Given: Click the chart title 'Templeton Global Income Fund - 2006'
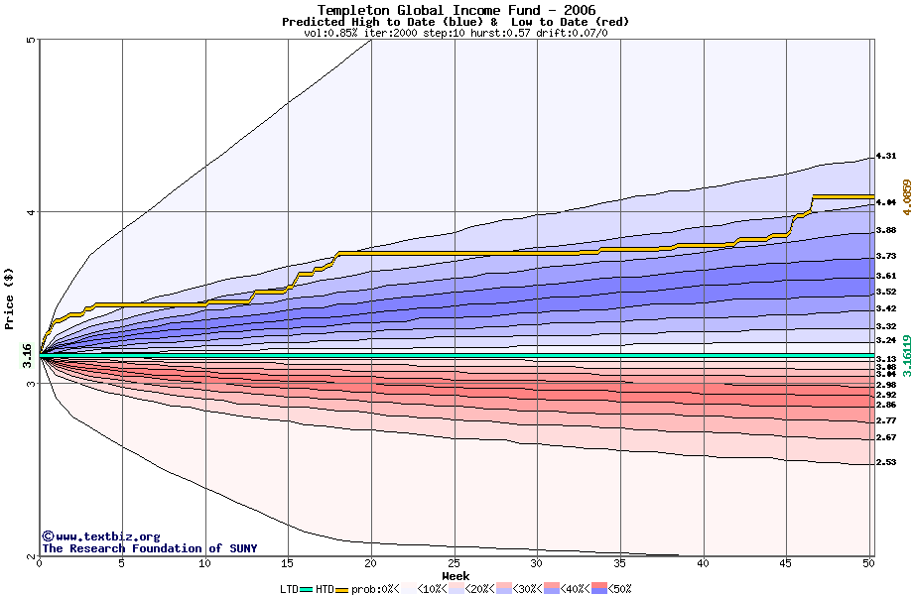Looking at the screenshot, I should [x=456, y=10].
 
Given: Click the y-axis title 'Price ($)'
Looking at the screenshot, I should [x=9, y=297].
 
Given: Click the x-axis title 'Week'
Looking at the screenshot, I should [x=456, y=575].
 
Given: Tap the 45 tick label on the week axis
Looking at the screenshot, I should [x=786, y=564].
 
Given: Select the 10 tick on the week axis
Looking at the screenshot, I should [x=204, y=564].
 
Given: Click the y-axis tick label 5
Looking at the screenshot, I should [x=31, y=41].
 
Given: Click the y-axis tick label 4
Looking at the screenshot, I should [x=31, y=212].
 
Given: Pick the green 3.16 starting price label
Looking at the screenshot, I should [x=27, y=354].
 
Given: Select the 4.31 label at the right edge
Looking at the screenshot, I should [x=886, y=156].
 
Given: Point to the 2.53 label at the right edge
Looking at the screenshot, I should [x=886, y=462].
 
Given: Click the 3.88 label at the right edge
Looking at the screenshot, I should [x=886, y=230].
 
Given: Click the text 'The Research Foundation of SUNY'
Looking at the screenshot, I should [x=149, y=548].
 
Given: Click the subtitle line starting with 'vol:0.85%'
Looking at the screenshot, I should [x=456, y=32].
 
